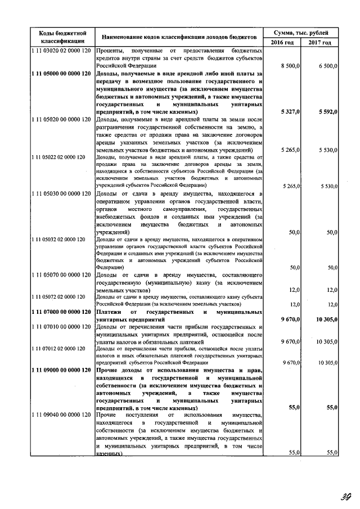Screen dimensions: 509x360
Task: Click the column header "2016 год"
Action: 282,43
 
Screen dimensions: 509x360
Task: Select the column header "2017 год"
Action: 320,43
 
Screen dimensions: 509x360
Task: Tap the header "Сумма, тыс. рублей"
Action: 301,33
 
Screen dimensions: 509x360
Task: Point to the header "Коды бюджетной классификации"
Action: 62,37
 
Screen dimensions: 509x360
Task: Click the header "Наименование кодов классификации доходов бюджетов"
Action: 179,37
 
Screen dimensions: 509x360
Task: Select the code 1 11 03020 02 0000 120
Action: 61,51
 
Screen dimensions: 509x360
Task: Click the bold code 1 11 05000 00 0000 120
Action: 61,74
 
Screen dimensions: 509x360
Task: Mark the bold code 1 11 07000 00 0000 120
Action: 61,312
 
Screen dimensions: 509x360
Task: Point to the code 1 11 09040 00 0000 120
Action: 61,415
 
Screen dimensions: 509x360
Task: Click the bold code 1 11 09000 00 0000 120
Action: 61,370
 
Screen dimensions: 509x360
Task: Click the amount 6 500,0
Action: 327,66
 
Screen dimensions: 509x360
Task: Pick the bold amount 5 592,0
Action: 327,112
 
